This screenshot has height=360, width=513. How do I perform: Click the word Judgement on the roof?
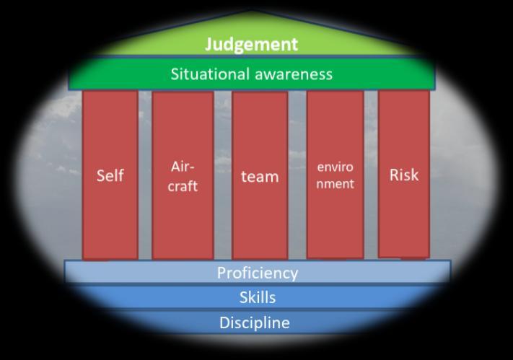(x=251, y=44)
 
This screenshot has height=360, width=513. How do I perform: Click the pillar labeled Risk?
(x=403, y=216)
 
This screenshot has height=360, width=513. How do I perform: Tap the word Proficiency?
(x=258, y=273)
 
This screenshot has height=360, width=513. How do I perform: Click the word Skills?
(x=258, y=297)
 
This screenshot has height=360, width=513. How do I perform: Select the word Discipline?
(x=255, y=322)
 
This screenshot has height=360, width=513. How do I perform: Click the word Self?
(x=110, y=175)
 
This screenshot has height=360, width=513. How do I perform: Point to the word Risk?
(x=403, y=175)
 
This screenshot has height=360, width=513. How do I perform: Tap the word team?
(x=259, y=176)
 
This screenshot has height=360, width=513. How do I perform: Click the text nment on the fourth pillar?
(x=336, y=184)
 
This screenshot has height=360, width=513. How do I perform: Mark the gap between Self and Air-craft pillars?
(x=144, y=173)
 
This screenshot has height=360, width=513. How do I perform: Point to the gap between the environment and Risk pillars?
(x=371, y=173)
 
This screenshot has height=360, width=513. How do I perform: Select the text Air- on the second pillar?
(x=183, y=167)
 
